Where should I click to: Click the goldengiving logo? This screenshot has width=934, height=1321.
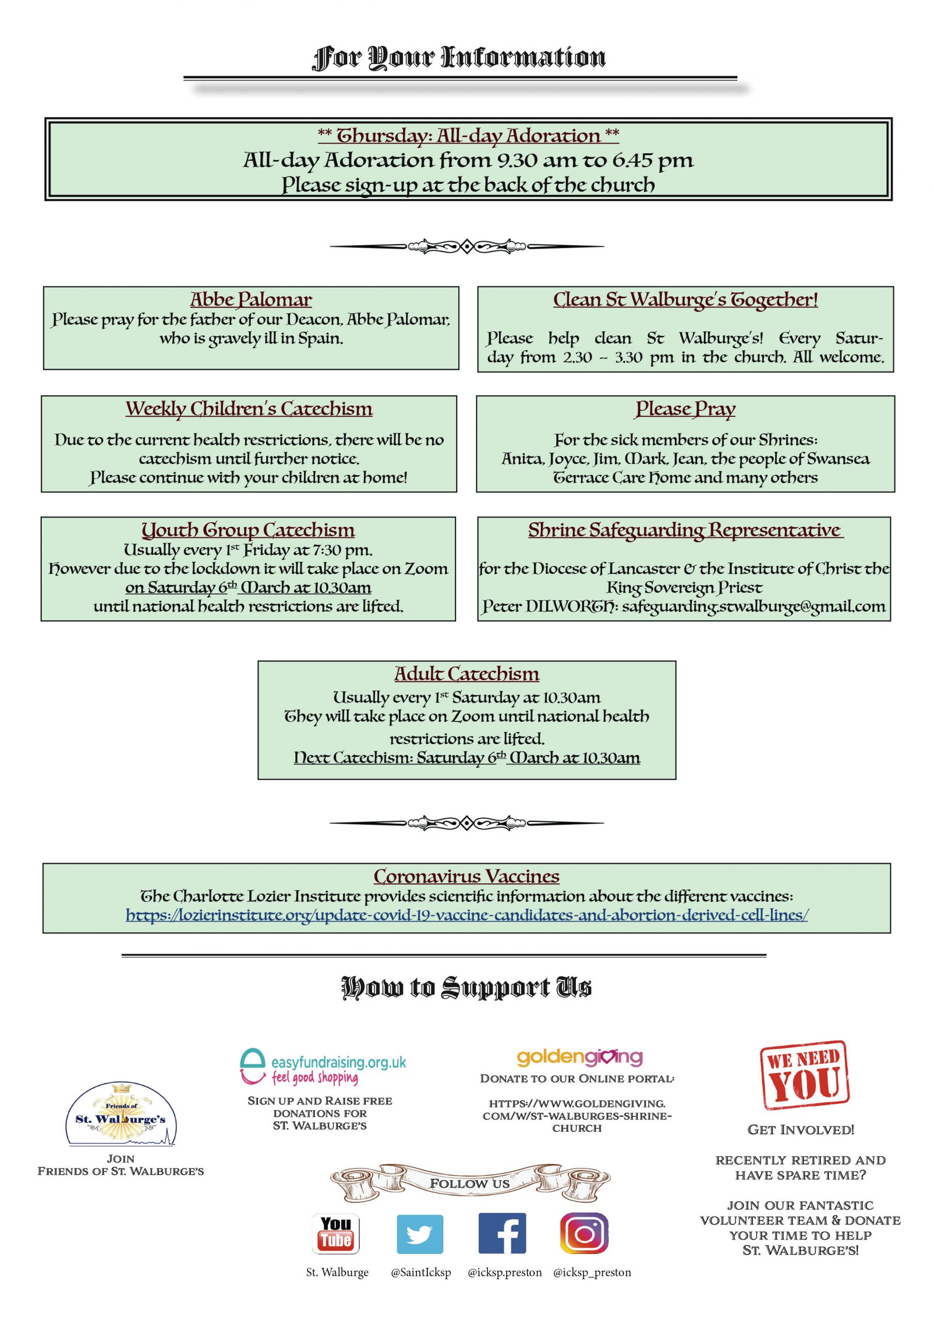[x=579, y=1056]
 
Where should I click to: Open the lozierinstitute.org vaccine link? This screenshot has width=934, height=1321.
[x=466, y=915]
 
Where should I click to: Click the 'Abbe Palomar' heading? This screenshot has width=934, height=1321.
[x=251, y=300]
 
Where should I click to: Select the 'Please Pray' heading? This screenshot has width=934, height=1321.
[x=685, y=409]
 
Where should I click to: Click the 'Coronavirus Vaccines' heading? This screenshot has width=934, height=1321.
[x=466, y=876]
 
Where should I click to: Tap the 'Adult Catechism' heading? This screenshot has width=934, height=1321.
[x=466, y=674]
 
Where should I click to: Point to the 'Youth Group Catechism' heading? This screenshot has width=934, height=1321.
[x=248, y=530]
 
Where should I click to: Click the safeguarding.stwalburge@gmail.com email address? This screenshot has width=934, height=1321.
[x=753, y=606]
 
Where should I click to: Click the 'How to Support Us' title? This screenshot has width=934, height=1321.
[x=466, y=987]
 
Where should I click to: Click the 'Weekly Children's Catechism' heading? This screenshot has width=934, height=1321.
[x=249, y=409]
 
